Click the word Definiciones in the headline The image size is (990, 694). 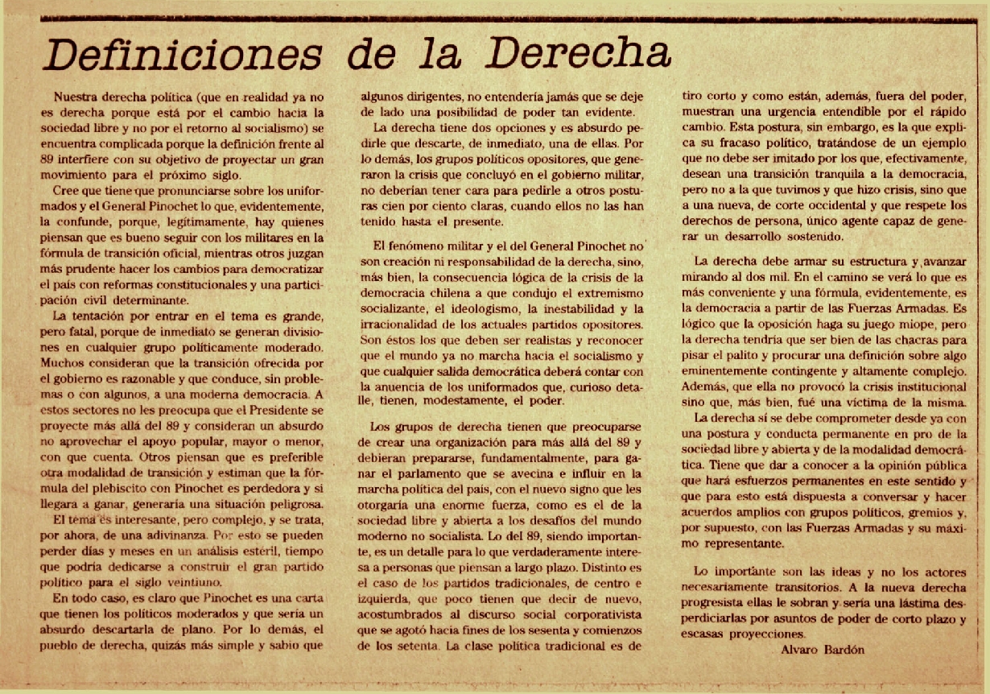(x=181, y=54)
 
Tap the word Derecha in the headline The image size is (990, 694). (x=578, y=54)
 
